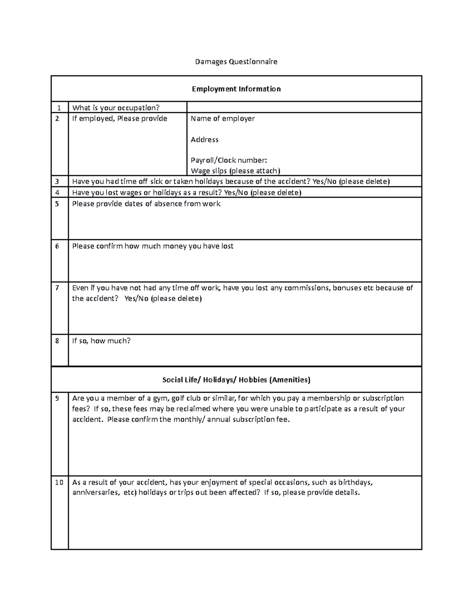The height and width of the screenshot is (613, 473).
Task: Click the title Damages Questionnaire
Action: [236, 62]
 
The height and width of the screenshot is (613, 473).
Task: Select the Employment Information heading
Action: [236, 89]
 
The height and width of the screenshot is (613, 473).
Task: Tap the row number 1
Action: [59, 108]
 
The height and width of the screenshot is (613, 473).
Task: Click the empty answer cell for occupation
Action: [304, 107]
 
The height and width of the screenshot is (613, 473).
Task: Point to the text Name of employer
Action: [223, 118]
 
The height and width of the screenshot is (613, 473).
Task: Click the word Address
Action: [204, 139]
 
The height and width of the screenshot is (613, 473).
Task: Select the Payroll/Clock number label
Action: [229, 160]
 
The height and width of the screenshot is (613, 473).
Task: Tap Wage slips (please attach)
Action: [235, 171]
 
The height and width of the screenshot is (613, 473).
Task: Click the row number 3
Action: [57, 182]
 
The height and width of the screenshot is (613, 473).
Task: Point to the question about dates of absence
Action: [146, 204]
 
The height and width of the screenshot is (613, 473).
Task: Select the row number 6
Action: [57, 246]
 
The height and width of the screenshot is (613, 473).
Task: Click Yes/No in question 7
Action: [136, 299]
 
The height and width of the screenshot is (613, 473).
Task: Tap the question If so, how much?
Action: [101, 341]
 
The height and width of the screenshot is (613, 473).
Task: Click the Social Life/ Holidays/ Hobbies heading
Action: [236, 380]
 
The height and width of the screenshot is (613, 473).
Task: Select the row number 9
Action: [57, 398]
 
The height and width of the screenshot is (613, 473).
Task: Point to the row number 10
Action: [59, 482]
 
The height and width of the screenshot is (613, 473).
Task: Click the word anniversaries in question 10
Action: [95, 493]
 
